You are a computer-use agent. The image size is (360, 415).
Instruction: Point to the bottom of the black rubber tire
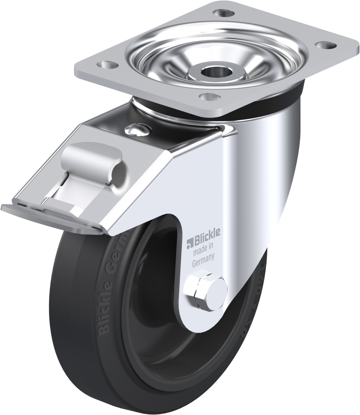pyautogui.click(x=168, y=402)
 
